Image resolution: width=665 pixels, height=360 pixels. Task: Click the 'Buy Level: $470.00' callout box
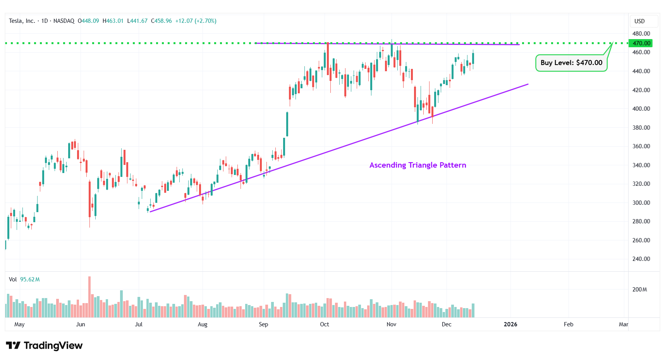point(571,63)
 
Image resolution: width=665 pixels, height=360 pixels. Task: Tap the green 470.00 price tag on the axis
point(641,43)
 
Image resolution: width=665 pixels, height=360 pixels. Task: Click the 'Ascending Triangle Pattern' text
point(418,165)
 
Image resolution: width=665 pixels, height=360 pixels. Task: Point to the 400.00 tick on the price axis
point(641,109)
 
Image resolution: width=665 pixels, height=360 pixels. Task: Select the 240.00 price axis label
point(641,259)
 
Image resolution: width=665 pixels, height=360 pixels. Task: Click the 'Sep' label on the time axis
point(263,324)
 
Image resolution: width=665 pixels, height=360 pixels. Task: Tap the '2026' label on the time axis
point(510,324)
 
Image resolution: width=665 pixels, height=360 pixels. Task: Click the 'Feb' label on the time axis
point(568,324)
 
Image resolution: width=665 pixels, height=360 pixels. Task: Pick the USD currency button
point(639,21)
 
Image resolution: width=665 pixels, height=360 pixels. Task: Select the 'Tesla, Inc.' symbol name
point(22,21)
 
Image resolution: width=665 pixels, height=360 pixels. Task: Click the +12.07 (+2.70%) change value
point(196,21)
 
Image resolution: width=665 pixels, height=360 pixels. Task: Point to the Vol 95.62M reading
point(24,279)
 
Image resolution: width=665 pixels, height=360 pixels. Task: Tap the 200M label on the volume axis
point(639,290)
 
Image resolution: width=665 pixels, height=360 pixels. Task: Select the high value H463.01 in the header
point(113,21)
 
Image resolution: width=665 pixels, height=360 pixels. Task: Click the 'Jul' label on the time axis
point(139,324)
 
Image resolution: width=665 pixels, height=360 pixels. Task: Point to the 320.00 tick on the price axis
point(641,184)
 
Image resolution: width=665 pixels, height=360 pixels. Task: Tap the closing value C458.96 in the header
point(161,21)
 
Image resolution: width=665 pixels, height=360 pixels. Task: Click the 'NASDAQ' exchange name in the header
point(64,21)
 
